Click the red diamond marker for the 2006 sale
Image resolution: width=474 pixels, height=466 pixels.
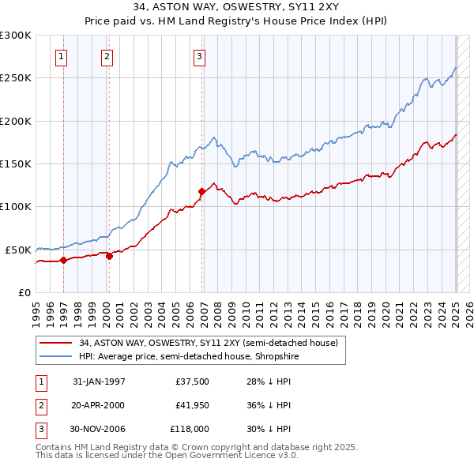[x=201, y=190]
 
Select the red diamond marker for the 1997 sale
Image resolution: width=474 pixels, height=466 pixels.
[x=63, y=260]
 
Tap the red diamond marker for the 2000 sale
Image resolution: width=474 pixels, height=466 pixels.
[x=109, y=255]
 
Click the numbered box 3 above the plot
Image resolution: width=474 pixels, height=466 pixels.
[x=200, y=56]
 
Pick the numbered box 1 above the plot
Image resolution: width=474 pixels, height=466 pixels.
[x=61, y=56]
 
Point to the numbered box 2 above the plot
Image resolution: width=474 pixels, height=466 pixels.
[x=107, y=56]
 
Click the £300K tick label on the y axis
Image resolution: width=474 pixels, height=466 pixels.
[x=16, y=36]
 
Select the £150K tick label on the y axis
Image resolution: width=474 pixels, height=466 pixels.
[x=16, y=163]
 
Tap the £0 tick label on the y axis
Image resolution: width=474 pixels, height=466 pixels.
[x=24, y=292]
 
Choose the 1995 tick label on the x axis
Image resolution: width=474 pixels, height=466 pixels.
[x=36, y=310]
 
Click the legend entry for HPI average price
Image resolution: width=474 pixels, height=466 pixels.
[x=187, y=357]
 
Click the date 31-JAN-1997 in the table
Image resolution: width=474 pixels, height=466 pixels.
[x=99, y=381]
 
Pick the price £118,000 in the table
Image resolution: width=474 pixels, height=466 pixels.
[x=190, y=429]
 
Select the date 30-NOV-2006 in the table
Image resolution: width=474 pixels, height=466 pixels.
[x=99, y=429]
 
